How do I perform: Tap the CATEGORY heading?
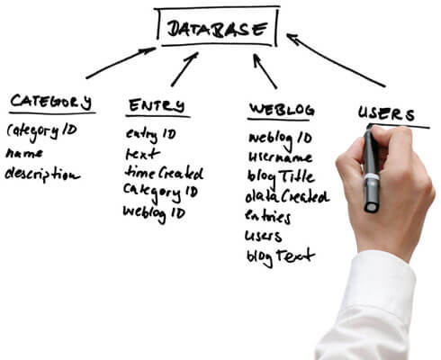tap(50, 102)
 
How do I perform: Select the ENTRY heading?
tap(157, 105)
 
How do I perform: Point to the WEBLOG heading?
tap(282, 110)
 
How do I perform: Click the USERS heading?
tap(386, 113)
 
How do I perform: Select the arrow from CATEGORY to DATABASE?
tap(121, 63)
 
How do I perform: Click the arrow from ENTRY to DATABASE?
tap(184, 69)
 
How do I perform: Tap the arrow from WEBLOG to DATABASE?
tap(265, 71)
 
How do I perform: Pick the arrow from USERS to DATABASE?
tap(335, 59)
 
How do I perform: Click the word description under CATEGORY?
tap(42, 175)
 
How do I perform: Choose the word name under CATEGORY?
tap(24, 154)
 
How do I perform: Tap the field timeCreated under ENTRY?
tap(164, 173)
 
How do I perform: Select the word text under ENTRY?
tap(142, 154)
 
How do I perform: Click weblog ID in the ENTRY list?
tap(154, 213)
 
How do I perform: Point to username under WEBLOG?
tap(280, 157)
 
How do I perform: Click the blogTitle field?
tap(281, 176)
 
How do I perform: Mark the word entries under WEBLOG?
tap(267, 217)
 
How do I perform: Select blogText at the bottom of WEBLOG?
tap(281, 257)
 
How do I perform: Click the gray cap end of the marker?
tap(372, 206)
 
